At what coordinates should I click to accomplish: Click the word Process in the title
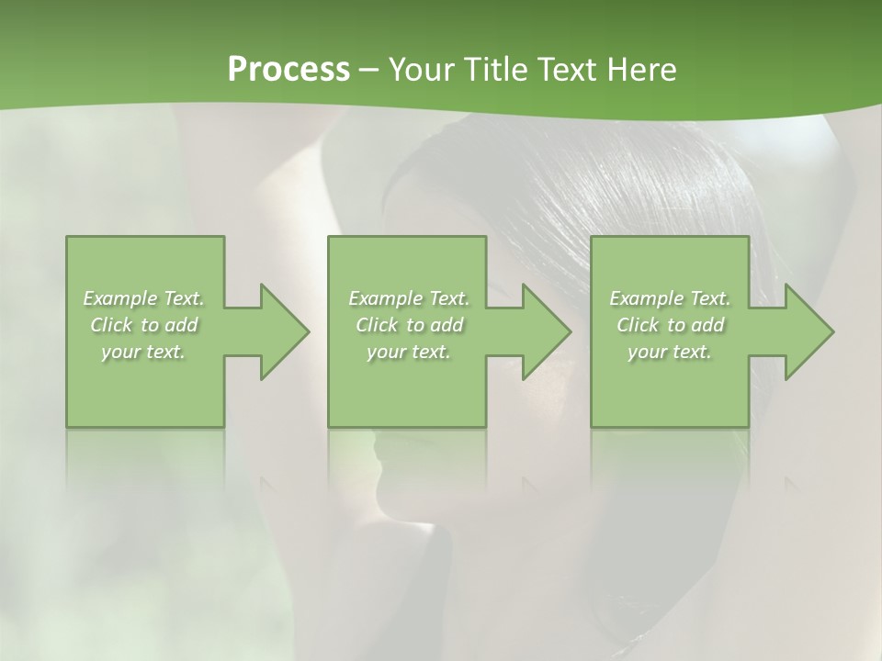pos(288,70)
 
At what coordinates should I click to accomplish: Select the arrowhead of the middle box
pos(545,331)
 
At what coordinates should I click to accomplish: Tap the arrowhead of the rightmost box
pos(807,331)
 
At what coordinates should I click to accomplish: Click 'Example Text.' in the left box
pos(144,298)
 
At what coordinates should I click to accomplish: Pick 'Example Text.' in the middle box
pos(409,298)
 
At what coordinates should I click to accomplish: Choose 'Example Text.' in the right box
pos(670,298)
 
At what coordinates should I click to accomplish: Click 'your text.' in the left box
pos(144,352)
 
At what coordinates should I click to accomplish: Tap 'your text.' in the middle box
pos(409,352)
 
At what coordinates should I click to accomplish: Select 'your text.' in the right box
pos(670,352)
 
